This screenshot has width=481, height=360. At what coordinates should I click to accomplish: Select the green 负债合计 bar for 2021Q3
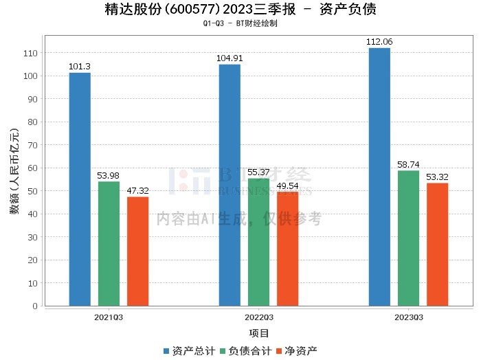(109, 243)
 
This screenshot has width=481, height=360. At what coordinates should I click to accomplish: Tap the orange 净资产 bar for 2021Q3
(137, 251)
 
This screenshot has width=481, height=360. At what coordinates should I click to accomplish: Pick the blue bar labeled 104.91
(230, 185)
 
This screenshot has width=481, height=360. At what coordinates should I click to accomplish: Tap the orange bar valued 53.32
(437, 244)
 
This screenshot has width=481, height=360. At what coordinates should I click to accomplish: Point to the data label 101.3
(80, 67)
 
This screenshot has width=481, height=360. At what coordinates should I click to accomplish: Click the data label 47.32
(137, 191)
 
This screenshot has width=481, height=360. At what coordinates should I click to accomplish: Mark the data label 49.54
(287, 186)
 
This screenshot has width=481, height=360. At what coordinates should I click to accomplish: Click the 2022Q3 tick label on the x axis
(258, 317)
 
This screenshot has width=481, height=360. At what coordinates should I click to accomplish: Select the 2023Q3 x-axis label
(408, 317)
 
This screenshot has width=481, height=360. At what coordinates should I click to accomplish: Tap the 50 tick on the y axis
(32, 191)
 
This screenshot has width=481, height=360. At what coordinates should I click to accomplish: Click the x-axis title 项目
(259, 334)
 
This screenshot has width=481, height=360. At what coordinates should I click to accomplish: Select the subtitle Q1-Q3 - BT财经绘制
(240, 23)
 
